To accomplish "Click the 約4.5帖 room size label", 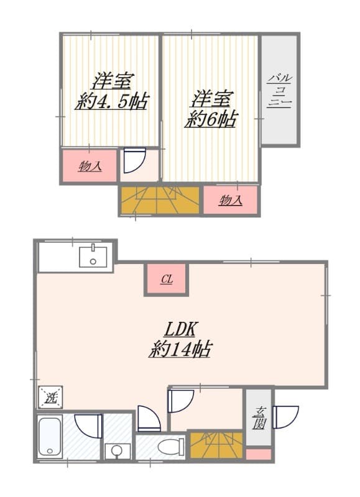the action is coord(112,101).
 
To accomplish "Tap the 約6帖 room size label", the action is coord(211,119).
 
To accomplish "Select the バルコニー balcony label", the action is coord(279,91).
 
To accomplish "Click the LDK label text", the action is coord(180,329).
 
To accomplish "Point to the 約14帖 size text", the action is coord(180,349).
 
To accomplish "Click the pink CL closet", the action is coord(167,279).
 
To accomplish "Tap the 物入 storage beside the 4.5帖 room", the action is coord(90,166).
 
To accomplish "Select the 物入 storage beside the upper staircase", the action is coord(231,199).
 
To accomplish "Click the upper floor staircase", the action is coord(160,200).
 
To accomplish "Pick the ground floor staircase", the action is coord(217,445).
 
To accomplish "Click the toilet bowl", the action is coord(171,447).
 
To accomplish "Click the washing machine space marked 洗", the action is coord(50,398).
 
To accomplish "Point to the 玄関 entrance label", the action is coord(259,417).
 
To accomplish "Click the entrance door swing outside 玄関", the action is coord(286,417).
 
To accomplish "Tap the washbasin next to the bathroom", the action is coord(117,450).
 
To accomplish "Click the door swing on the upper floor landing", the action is coord(134,161).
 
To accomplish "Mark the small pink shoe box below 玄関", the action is coord(259,454).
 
